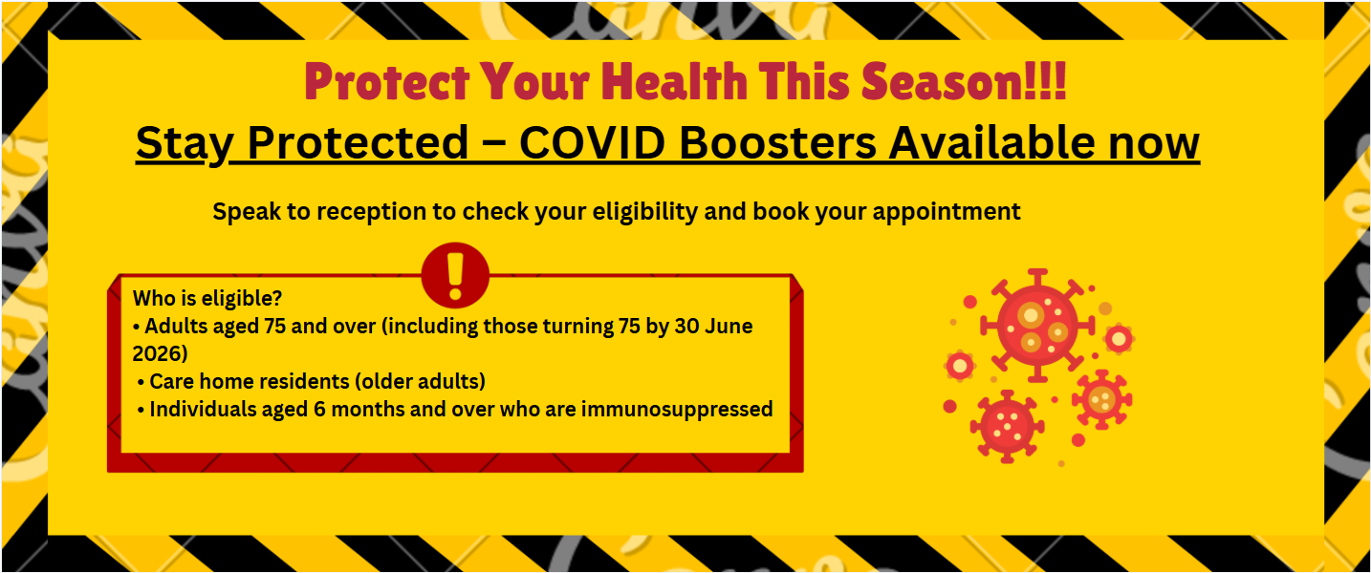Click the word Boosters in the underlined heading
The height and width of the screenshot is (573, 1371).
778,142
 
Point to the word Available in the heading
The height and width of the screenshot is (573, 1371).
991,142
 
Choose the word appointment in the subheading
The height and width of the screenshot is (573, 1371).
947,212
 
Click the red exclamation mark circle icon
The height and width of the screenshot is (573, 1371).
455,275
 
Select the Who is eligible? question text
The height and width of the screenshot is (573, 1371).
207,298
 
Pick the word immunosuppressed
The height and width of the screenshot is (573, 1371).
677,409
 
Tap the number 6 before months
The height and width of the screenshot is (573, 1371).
319,409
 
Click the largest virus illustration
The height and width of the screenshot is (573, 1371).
1037,326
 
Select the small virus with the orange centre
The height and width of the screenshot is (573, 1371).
1102,399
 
